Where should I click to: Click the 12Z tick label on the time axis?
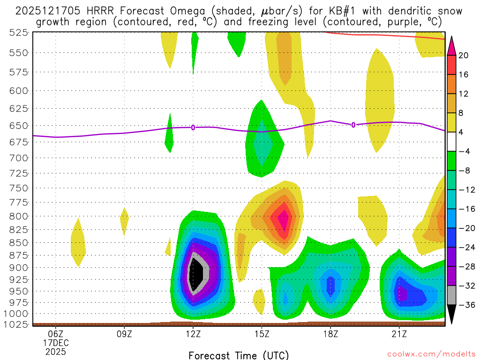(x=193, y=334)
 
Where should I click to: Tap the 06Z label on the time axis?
(x=56, y=334)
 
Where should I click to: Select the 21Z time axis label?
(x=399, y=334)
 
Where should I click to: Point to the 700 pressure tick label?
(x=19, y=158)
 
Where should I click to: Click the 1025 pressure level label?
(x=17, y=324)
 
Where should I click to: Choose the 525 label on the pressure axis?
(x=19, y=32)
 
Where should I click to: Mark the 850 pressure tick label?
(x=19, y=242)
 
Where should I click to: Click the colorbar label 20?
(x=464, y=55)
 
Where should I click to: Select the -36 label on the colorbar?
(x=465, y=305)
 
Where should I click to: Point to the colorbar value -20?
(x=465, y=228)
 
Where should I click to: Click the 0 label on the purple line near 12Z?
(x=193, y=127)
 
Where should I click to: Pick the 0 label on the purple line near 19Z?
(x=353, y=125)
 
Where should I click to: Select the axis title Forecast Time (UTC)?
(x=239, y=355)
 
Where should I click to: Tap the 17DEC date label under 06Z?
(x=56, y=343)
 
